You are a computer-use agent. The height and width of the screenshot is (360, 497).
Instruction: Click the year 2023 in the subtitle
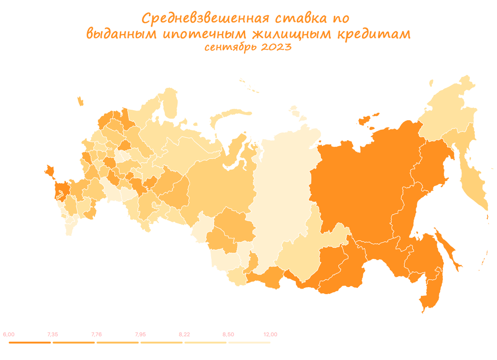[x=276, y=47]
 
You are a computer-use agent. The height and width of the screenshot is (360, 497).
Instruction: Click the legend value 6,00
[x=9, y=335]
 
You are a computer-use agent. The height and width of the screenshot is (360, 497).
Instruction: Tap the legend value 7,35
[x=53, y=335]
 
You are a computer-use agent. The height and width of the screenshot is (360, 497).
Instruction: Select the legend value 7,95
[x=140, y=335]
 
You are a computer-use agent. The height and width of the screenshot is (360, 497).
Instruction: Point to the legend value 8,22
[x=184, y=335]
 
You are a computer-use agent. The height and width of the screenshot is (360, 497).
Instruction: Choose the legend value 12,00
[x=270, y=335]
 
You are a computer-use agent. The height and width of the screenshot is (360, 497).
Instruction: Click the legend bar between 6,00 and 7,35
[x=30, y=343]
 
